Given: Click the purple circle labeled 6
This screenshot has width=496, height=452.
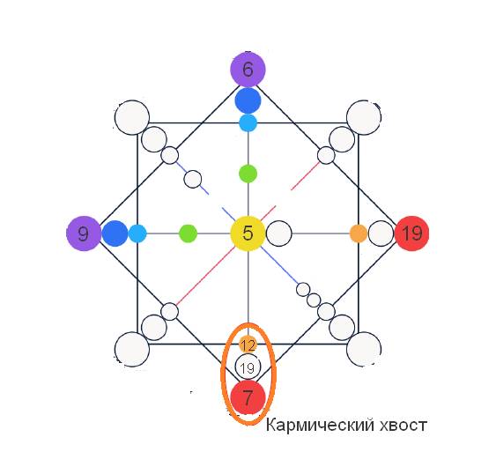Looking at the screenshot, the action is click(x=248, y=70).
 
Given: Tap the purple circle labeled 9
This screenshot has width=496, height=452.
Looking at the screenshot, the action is click(x=84, y=233).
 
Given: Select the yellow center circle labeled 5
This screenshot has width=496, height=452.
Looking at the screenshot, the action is click(x=248, y=233).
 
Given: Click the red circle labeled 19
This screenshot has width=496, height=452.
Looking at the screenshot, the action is click(x=411, y=233).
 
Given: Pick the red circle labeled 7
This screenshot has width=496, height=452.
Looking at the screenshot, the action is click(x=248, y=397).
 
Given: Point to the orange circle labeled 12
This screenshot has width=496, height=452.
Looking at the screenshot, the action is click(x=248, y=345).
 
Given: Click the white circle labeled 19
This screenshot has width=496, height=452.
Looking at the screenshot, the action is click(x=248, y=367).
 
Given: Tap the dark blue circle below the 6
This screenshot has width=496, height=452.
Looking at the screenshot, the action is click(x=248, y=100).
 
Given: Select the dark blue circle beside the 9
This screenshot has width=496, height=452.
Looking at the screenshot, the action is click(x=115, y=233).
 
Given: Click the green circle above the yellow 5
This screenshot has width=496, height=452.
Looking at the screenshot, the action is click(x=248, y=174).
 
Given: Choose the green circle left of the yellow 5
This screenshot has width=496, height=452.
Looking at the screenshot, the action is click(x=189, y=233).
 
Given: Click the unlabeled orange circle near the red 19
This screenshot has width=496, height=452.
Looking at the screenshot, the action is click(x=359, y=233).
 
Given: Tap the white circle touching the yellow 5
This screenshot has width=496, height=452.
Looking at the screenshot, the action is click(x=279, y=233).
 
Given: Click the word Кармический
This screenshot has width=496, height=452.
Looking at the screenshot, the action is click(x=320, y=425).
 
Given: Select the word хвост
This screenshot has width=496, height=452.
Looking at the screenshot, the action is click(x=403, y=426).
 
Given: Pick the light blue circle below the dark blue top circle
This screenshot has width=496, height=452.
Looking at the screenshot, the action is click(x=248, y=123).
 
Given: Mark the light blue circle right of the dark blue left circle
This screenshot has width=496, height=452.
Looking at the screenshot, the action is click(x=137, y=233).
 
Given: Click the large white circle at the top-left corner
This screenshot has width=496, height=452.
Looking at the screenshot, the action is click(x=132, y=118).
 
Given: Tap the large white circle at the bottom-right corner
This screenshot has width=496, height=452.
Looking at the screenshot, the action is click(x=364, y=349).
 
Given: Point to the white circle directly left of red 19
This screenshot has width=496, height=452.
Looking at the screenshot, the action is click(x=381, y=233).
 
